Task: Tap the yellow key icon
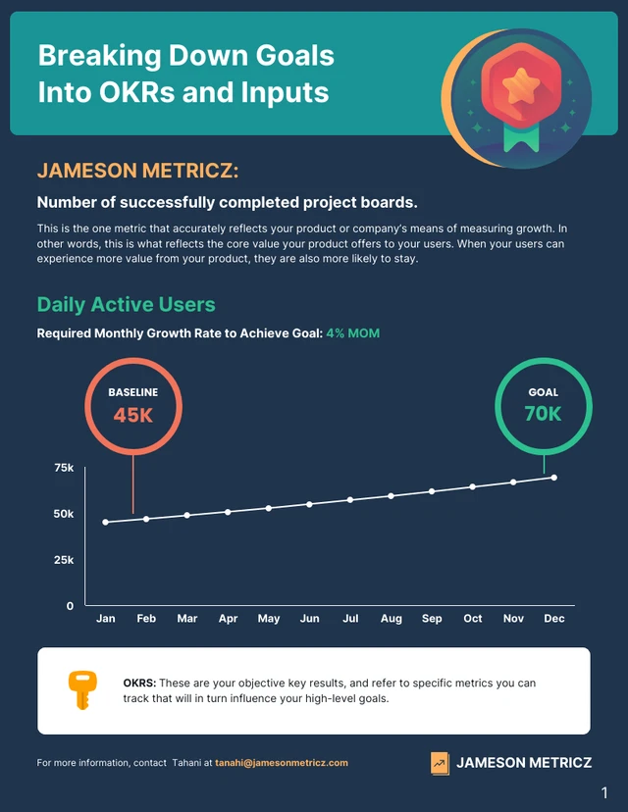click(79, 690)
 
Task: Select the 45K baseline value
click(133, 415)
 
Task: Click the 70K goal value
click(543, 414)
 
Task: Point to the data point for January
click(106, 522)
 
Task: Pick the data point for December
click(554, 478)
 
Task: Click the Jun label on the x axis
click(309, 619)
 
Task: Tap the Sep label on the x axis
click(432, 619)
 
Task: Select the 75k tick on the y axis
click(64, 468)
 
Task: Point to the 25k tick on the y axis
click(64, 560)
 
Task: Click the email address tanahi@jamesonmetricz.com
click(282, 762)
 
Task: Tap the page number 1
click(604, 791)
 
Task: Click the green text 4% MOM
click(352, 333)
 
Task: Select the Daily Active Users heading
click(126, 304)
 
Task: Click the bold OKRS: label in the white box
click(139, 683)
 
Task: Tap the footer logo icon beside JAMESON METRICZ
click(440, 763)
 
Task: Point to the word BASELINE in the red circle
click(132, 392)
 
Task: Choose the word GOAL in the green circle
click(543, 392)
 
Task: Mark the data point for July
click(350, 500)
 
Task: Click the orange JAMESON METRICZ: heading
click(137, 171)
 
